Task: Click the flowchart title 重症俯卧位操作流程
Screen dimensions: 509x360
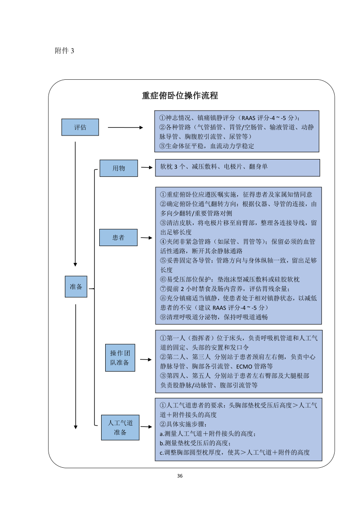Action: tap(180, 96)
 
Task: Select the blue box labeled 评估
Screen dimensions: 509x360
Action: tap(80, 127)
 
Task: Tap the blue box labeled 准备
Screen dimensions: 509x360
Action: tap(76, 286)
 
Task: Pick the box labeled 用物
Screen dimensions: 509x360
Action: tap(119, 168)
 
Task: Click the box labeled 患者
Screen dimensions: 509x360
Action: tap(119, 237)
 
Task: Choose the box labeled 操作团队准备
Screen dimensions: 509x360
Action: tap(120, 358)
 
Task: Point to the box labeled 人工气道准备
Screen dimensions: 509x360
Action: tap(120, 427)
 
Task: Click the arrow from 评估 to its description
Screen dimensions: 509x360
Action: tap(125, 128)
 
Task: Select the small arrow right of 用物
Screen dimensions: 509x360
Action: tap(146, 168)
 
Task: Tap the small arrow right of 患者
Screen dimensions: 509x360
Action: tap(146, 237)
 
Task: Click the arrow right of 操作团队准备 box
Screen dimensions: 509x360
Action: tap(146, 360)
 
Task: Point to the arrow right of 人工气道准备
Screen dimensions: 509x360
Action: tap(146, 427)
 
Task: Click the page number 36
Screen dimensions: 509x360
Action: tap(180, 476)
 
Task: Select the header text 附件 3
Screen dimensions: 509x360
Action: tap(64, 51)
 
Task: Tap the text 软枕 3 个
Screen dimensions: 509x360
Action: tap(176, 167)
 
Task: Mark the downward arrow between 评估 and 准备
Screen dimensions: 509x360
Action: tap(75, 204)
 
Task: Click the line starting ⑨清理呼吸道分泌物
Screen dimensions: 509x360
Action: tap(214, 317)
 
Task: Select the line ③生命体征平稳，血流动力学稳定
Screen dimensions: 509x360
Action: tap(207, 146)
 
